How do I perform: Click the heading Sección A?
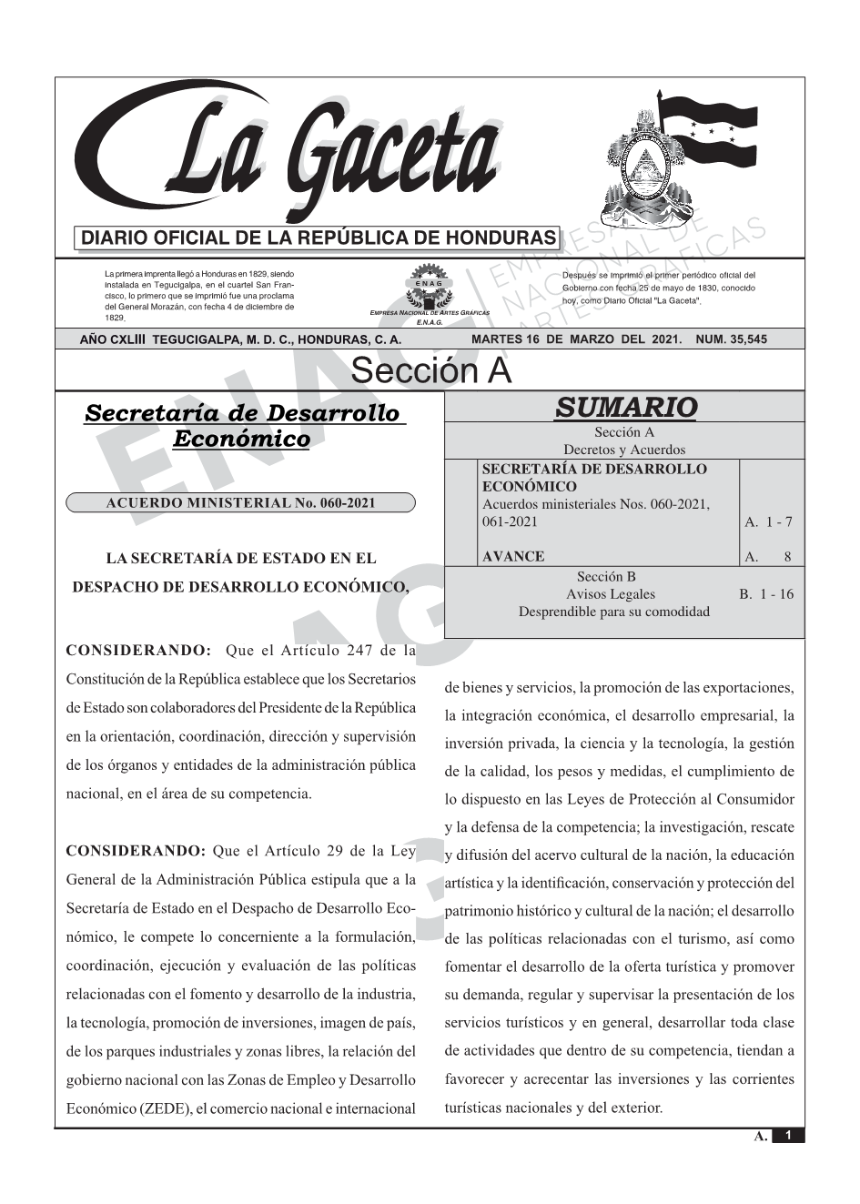coord(430,371)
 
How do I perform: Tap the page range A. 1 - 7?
coord(768,521)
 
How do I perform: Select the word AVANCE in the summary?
coord(513,556)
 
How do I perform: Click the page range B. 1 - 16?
coord(766,594)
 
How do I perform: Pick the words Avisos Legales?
coord(610,594)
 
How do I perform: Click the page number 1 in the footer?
coord(788,1136)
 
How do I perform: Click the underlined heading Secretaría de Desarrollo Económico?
coord(241,426)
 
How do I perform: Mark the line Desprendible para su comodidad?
coord(613,612)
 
